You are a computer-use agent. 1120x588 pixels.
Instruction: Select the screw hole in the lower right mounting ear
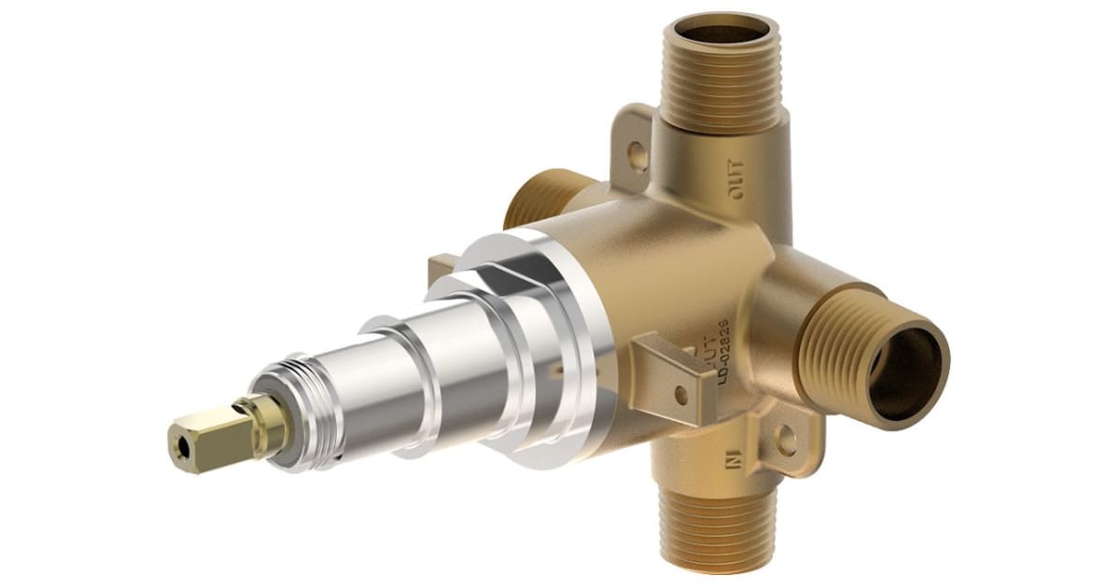785,439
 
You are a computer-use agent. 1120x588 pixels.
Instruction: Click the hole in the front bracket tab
680,393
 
